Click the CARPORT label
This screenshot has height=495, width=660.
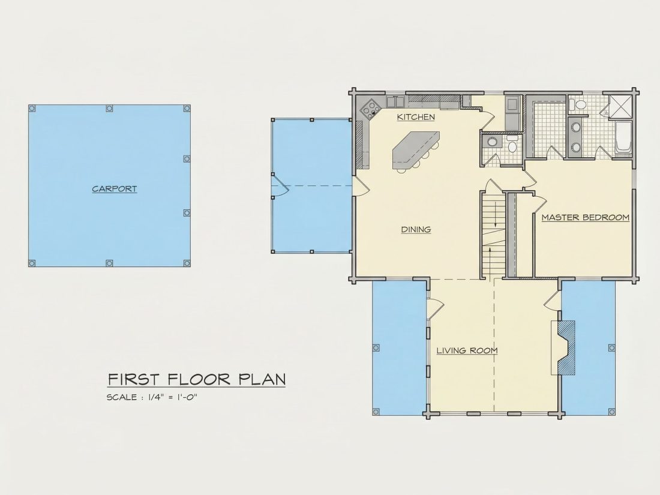coord(115,188)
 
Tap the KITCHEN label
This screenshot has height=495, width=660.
coord(416,117)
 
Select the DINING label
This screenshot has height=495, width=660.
coord(416,229)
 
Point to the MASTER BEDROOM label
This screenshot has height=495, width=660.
coord(585,217)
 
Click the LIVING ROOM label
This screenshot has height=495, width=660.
coord(467,350)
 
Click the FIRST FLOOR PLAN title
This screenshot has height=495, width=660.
coord(197,379)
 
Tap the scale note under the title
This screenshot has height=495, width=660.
coord(152,397)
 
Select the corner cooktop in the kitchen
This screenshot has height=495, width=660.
coord(370,108)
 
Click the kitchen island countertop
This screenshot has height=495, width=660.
coord(415,149)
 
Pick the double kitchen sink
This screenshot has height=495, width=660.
coord(395,102)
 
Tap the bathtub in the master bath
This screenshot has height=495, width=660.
coord(623,137)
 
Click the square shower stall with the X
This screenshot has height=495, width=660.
coord(620,106)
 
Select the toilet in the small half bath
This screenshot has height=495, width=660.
coord(512,145)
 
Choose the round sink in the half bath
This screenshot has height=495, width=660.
coord(491,142)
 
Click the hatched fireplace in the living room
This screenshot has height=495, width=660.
coord(565,347)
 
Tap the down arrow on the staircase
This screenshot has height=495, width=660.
coord(496,214)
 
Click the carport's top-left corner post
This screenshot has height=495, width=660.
coord(32,109)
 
